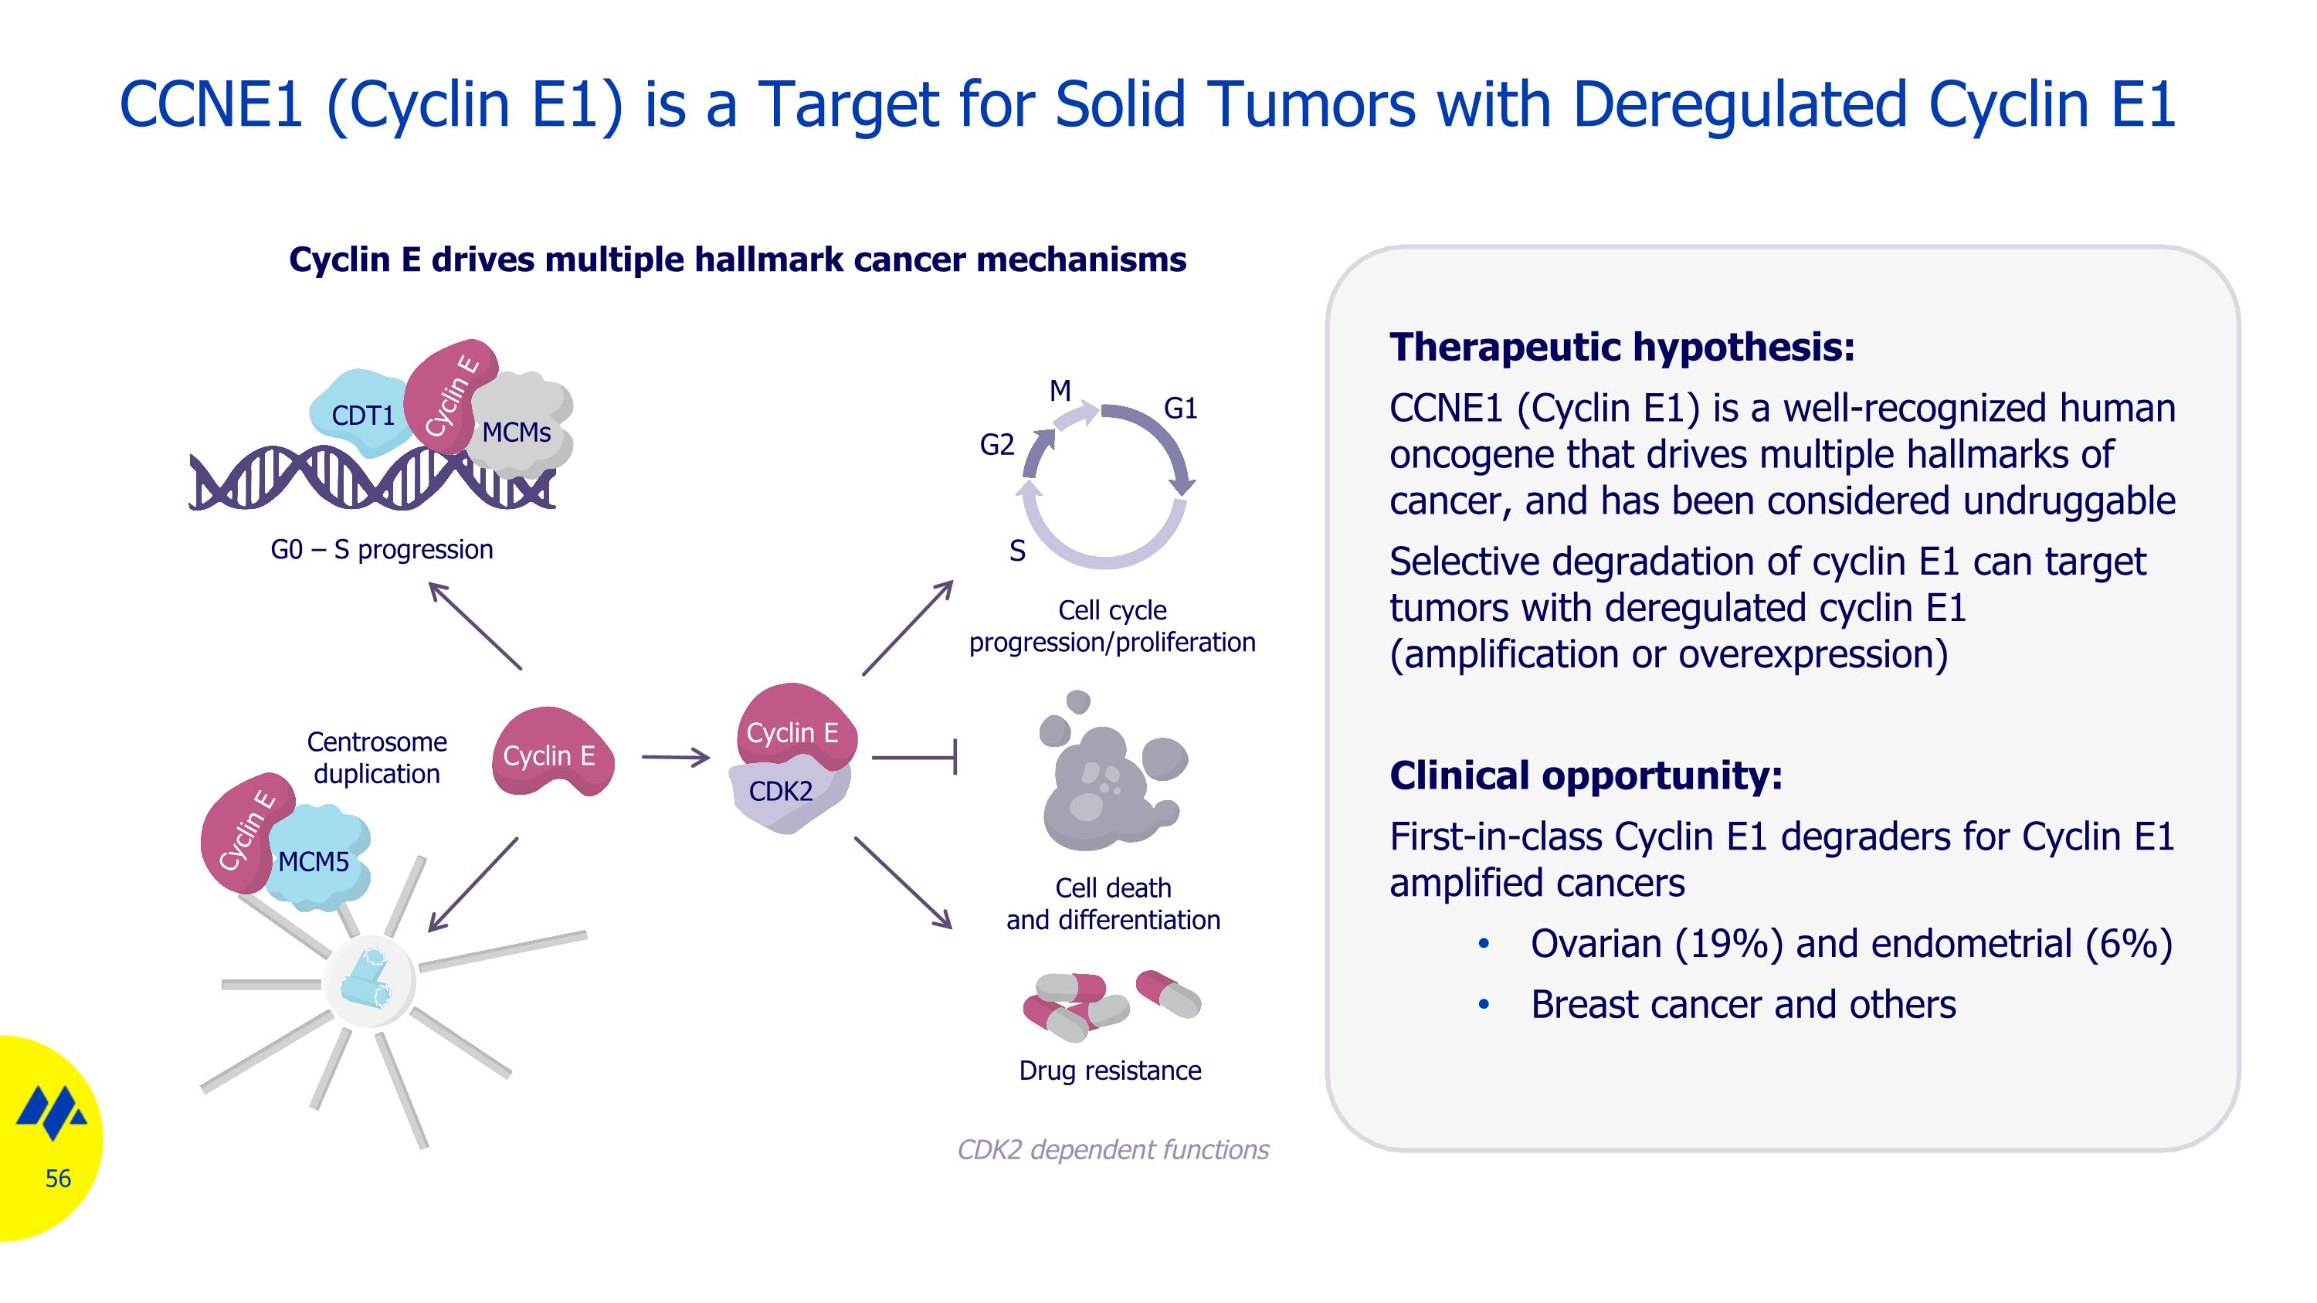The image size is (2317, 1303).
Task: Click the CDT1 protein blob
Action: tap(360, 414)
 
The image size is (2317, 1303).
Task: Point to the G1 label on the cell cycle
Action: tap(1180, 409)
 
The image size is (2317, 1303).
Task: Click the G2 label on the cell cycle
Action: tap(996, 444)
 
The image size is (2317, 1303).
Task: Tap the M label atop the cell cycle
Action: tap(1060, 391)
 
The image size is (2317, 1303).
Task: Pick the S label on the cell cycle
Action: tap(1017, 551)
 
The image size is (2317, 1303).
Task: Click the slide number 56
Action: tap(58, 1178)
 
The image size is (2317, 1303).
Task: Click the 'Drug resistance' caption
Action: tap(1110, 1070)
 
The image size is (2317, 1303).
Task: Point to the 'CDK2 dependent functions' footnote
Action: tap(1113, 1149)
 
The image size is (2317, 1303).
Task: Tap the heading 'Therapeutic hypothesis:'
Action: tap(1622, 347)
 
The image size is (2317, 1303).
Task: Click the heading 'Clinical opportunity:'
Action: tap(1586, 775)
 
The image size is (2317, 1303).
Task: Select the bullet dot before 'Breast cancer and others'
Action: tap(1484, 1004)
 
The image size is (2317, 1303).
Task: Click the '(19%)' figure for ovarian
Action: tap(1728, 944)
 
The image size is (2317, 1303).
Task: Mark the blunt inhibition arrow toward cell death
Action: tap(914, 757)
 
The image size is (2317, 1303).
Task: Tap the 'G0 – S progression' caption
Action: tap(382, 549)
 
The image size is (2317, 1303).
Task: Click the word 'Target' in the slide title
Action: tap(848, 104)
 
